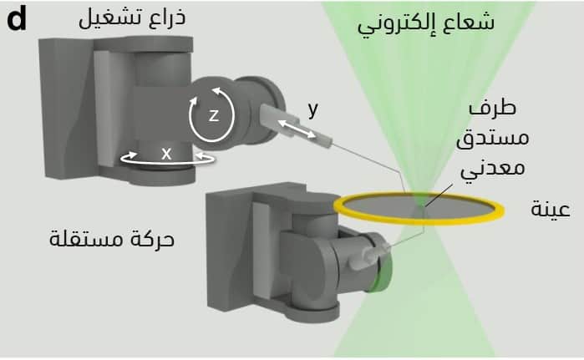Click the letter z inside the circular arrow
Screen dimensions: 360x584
click(213, 116)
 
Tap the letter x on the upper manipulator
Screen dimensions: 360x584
click(166, 153)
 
